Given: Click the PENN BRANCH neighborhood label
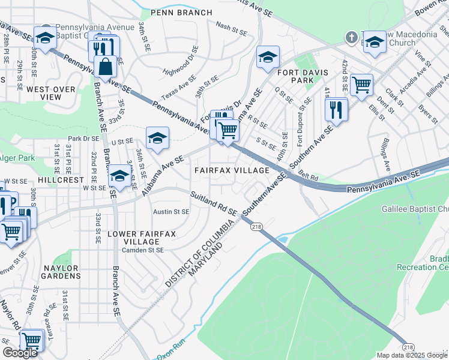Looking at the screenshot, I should (181, 13).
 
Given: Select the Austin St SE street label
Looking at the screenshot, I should (171, 212).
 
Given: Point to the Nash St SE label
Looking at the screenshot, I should (231, 27).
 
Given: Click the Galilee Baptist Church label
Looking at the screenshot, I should (415, 209).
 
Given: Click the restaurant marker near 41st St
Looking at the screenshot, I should (335, 109).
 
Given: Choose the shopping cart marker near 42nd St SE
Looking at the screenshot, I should (361, 85).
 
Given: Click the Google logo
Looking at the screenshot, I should (20, 353).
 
